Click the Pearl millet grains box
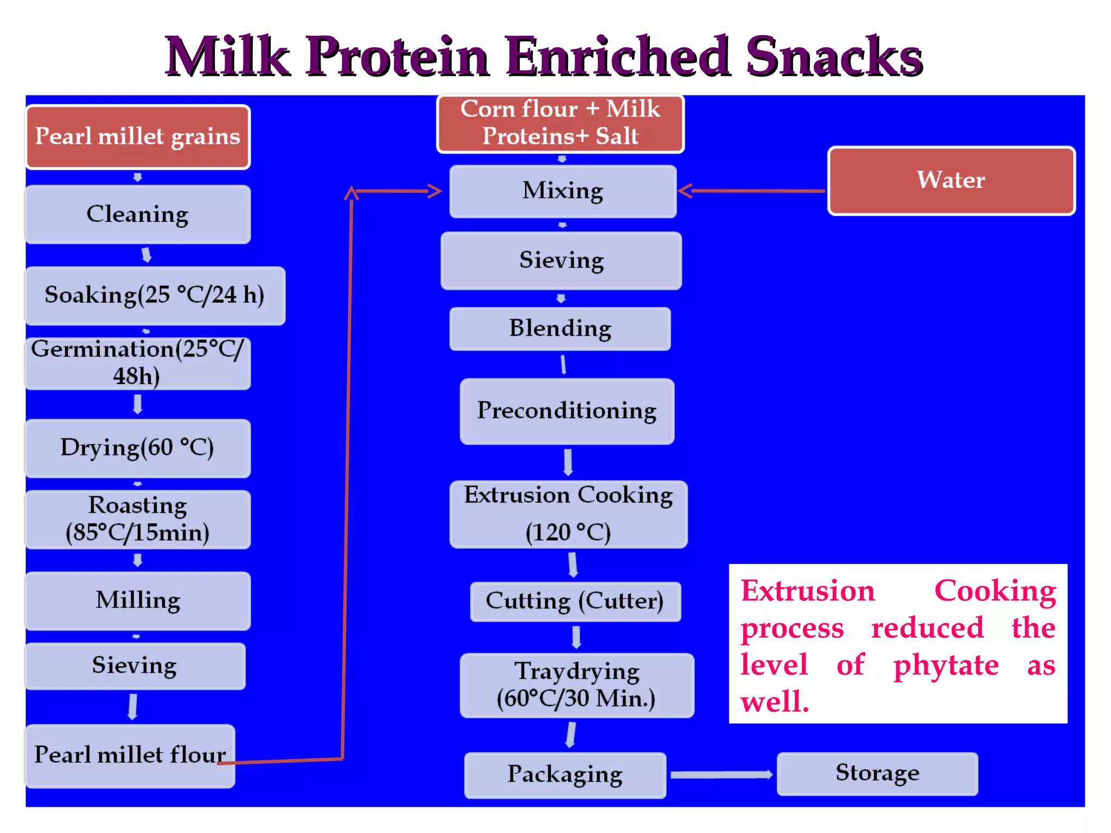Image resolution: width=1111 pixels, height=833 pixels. (x=138, y=137)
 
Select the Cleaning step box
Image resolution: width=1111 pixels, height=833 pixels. (x=138, y=214)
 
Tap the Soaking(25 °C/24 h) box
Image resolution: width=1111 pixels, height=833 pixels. (x=155, y=296)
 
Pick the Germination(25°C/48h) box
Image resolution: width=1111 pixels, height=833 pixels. (x=138, y=362)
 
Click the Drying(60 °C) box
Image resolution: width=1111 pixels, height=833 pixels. (x=138, y=448)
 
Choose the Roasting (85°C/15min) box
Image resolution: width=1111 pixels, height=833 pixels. (x=138, y=519)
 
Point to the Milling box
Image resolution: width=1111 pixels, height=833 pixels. (x=138, y=600)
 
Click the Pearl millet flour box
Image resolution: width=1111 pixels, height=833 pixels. (x=130, y=755)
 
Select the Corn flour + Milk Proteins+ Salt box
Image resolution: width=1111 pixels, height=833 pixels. (x=560, y=123)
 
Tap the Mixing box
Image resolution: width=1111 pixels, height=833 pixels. (x=563, y=191)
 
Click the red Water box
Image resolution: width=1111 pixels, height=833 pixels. (x=951, y=180)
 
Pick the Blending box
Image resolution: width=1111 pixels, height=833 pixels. (x=560, y=329)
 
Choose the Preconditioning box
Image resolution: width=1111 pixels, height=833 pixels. (x=567, y=411)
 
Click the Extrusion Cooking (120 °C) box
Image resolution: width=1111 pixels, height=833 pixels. (x=569, y=514)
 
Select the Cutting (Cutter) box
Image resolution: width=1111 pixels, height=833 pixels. (x=575, y=601)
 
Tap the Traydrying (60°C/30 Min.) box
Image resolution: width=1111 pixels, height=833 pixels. (x=577, y=685)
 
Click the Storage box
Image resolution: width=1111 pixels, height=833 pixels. (x=877, y=773)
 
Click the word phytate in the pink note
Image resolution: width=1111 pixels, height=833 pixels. (x=946, y=665)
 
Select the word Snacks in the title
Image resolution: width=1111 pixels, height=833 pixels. (x=834, y=56)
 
